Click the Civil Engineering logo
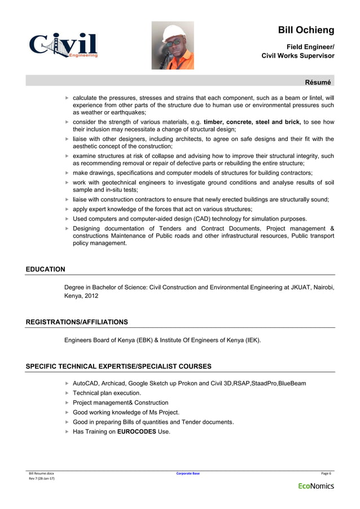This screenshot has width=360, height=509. coord(64,45)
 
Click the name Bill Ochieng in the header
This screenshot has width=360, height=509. coord(306,30)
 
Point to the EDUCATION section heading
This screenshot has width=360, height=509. coord(46,269)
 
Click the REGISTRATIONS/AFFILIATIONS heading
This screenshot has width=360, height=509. coord(77,322)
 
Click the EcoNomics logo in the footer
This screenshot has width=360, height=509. coord(316,486)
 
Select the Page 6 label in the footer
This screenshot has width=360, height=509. coord(326,473)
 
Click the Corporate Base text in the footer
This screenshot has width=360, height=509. coord(188,473)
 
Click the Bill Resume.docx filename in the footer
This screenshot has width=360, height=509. coord(42,473)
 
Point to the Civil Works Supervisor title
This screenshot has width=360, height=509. coord(298,56)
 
